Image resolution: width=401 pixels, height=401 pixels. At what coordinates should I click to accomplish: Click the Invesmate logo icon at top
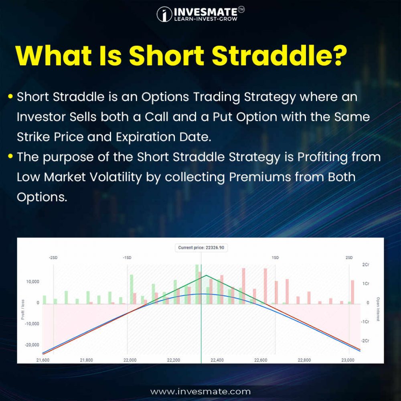click(x=164, y=14)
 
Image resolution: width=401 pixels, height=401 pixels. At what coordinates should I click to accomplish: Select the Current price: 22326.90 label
click(x=201, y=248)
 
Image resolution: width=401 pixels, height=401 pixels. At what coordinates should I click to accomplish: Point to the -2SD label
click(x=53, y=257)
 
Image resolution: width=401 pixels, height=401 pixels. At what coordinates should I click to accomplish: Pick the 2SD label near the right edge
click(x=349, y=257)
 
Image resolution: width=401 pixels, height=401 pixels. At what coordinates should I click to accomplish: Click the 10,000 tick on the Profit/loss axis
click(x=32, y=282)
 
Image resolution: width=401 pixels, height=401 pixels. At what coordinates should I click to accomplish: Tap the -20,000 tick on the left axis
click(x=31, y=345)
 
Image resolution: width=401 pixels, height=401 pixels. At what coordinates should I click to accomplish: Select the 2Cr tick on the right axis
click(x=365, y=265)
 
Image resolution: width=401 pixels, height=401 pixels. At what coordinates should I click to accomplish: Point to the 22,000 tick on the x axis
click(x=130, y=360)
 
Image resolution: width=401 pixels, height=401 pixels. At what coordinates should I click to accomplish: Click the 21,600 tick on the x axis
click(x=43, y=360)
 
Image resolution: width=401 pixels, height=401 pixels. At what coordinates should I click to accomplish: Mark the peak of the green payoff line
click(x=206, y=275)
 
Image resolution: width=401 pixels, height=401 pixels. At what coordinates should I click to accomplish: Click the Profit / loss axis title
click(x=22, y=310)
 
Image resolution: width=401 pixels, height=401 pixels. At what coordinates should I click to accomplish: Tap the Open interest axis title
click(x=378, y=310)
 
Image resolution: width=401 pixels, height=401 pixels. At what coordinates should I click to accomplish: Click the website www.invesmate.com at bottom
click(x=200, y=391)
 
